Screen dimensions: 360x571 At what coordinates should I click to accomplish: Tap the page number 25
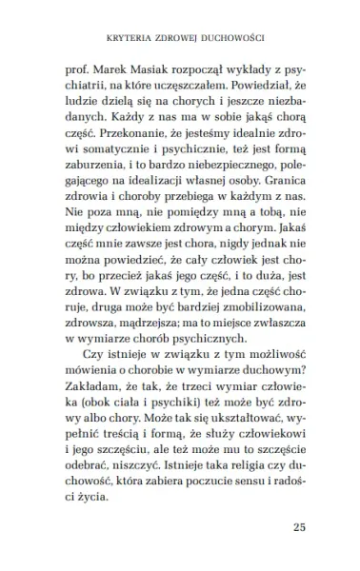303,526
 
